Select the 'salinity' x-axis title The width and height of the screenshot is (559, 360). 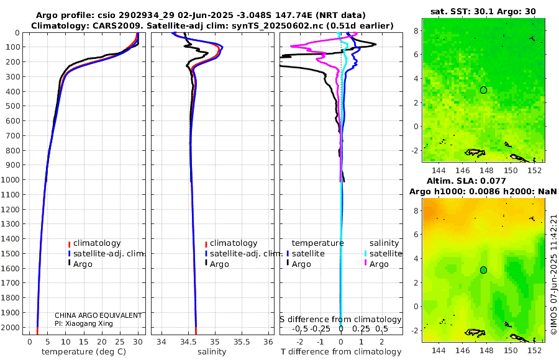click(x=212, y=352)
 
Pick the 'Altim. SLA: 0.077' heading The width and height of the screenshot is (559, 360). click(x=483, y=180)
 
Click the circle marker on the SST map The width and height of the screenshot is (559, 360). click(x=483, y=90)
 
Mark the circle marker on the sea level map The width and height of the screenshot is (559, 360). click(x=483, y=270)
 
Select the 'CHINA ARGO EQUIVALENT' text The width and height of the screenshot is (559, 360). click(x=98, y=315)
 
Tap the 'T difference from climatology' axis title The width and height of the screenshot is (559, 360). click(x=340, y=352)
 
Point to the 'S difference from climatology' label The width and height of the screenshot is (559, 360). click(x=340, y=320)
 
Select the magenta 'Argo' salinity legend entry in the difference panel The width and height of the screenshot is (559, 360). click(x=379, y=264)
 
